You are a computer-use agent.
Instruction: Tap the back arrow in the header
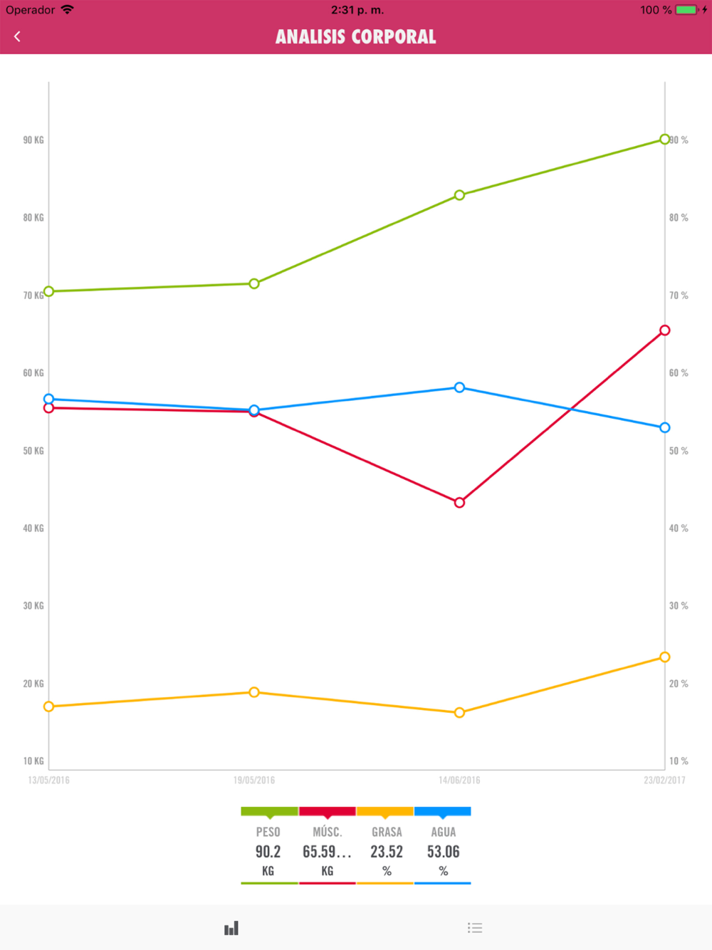[x=17, y=36]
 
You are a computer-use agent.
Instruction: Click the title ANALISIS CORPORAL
[x=355, y=37]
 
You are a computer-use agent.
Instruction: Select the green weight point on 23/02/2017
[x=664, y=140]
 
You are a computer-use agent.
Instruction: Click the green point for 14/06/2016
[x=459, y=195]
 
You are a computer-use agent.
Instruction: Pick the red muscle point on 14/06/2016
[x=459, y=503]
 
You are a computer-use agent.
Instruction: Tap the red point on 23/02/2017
[x=664, y=330]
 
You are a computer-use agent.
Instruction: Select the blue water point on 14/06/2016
[x=459, y=387]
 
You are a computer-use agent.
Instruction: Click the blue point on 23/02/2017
[x=664, y=428]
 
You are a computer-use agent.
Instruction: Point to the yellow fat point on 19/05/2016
[x=254, y=692]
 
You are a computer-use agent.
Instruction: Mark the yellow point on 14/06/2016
[x=459, y=713]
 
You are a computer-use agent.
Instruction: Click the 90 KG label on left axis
[x=33, y=140]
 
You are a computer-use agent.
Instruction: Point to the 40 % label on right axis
[x=679, y=528]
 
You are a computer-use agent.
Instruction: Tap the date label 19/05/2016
[x=254, y=781]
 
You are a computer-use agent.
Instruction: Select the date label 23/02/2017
[x=664, y=781]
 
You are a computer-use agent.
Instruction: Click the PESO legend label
[x=268, y=832]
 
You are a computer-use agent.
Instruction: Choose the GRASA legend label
[x=387, y=832]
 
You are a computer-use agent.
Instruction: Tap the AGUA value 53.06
[x=443, y=852]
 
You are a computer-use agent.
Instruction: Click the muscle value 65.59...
[x=327, y=852]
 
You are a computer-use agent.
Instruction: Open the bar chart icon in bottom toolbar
[x=231, y=928]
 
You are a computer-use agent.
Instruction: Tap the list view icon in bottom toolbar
[x=475, y=928]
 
